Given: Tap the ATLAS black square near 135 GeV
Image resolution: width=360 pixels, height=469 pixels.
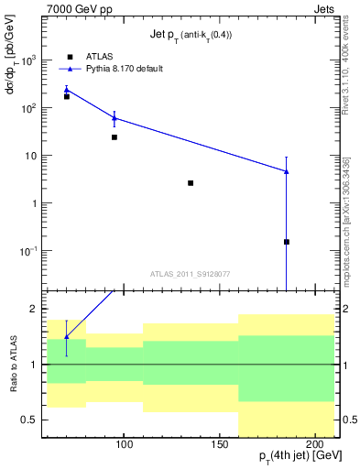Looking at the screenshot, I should [x=191, y=183].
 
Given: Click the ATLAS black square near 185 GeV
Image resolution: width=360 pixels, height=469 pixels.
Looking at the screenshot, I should [x=287, y=242].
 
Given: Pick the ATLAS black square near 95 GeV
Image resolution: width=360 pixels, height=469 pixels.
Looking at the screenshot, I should [x=115, y=137].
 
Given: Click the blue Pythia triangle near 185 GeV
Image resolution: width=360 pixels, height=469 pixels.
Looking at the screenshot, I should [x=287, y=171].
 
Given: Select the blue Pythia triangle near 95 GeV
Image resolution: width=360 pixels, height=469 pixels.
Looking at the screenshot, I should [x=115, y=117].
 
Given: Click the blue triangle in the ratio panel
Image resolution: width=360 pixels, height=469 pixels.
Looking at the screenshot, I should [x=66, y=337].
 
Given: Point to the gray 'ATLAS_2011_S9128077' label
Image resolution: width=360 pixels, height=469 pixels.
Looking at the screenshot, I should [x=190, y=273].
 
